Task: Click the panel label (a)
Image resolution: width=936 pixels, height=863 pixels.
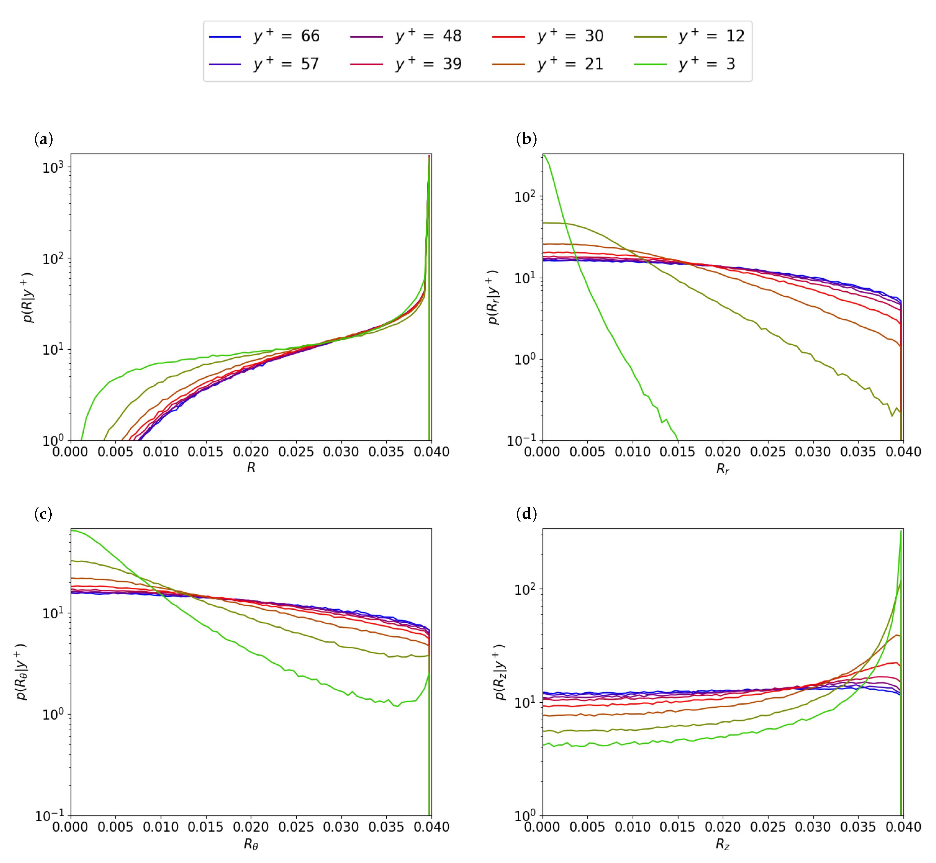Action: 44,139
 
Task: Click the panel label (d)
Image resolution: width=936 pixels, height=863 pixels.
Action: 526,514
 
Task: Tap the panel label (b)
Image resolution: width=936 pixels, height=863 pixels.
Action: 526,139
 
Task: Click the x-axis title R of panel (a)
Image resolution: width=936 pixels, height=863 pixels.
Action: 251,467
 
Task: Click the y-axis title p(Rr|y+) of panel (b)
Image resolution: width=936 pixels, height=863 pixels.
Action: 493,297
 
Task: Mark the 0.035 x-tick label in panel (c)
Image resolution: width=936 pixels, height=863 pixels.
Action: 386,827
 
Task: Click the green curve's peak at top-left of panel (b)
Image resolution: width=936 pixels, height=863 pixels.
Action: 544,156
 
